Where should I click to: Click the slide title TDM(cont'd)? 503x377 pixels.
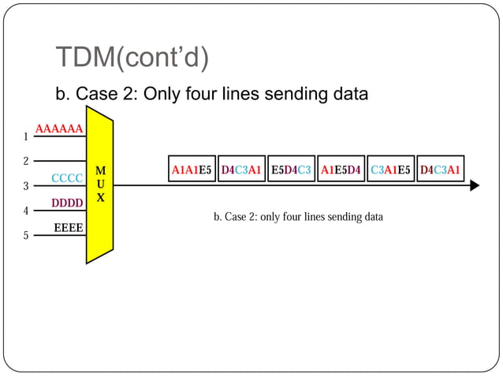pyautogui.click(x=132, y=58)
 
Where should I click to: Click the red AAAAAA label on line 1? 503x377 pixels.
pyautogui.click(x=59, y=129)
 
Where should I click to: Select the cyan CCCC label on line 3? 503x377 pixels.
pyautogui.click(x=67, y=178)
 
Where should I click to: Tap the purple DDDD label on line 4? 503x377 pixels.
pyautogui.click(x=67, y=203)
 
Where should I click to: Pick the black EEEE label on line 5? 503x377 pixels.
pyautogui.click(x=69, y=229)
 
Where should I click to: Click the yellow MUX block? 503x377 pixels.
pyautogui.click(x=100, y=189)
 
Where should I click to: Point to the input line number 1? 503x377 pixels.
pyautogui.click(x=26, y=136)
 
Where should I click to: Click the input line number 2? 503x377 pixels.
pyautogui.click(x=26, y=161)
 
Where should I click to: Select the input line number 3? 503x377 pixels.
pyautogui.click(x=26, y=186)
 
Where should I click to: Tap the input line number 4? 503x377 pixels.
pyautogui.click(x=26, y=211)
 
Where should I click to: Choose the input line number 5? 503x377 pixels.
pyautogui.click(x=26, y=236)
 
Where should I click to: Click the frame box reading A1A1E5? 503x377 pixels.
pyautogui.click(x=192, y=169)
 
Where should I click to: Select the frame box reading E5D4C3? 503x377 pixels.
pyautogui.click(x=291, y=169)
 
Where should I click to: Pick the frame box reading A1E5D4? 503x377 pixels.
pyautogui.click(x=341, y=169)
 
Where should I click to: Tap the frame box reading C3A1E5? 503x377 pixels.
pyautogui.click(x=390, y=169)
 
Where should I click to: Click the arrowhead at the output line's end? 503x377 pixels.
pyautogui.click(x=475, y=186)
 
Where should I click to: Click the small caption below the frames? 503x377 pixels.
pyautogui.click(x=298, y=216)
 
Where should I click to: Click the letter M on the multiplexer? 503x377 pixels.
pyautogui.click(x=100, y=170)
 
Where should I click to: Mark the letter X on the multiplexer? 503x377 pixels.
pyautogui.click(x=100, y=198)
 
